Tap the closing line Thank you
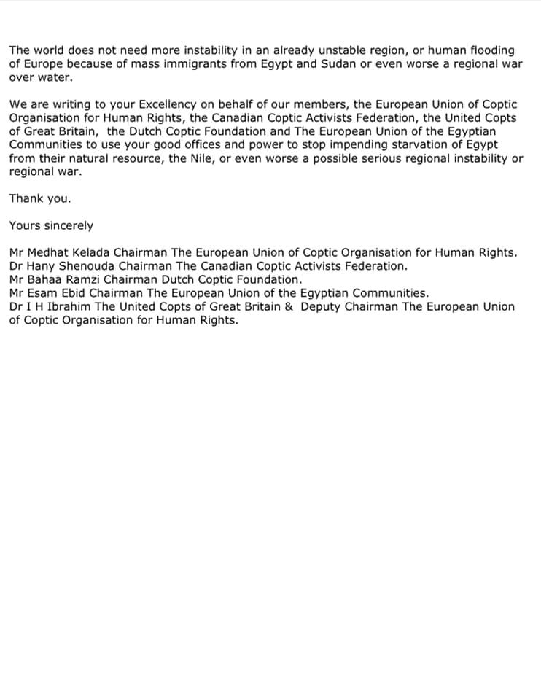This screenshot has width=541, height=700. (40, 199)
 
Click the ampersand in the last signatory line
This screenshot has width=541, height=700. (288, 306)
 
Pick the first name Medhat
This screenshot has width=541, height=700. (47, 252)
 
